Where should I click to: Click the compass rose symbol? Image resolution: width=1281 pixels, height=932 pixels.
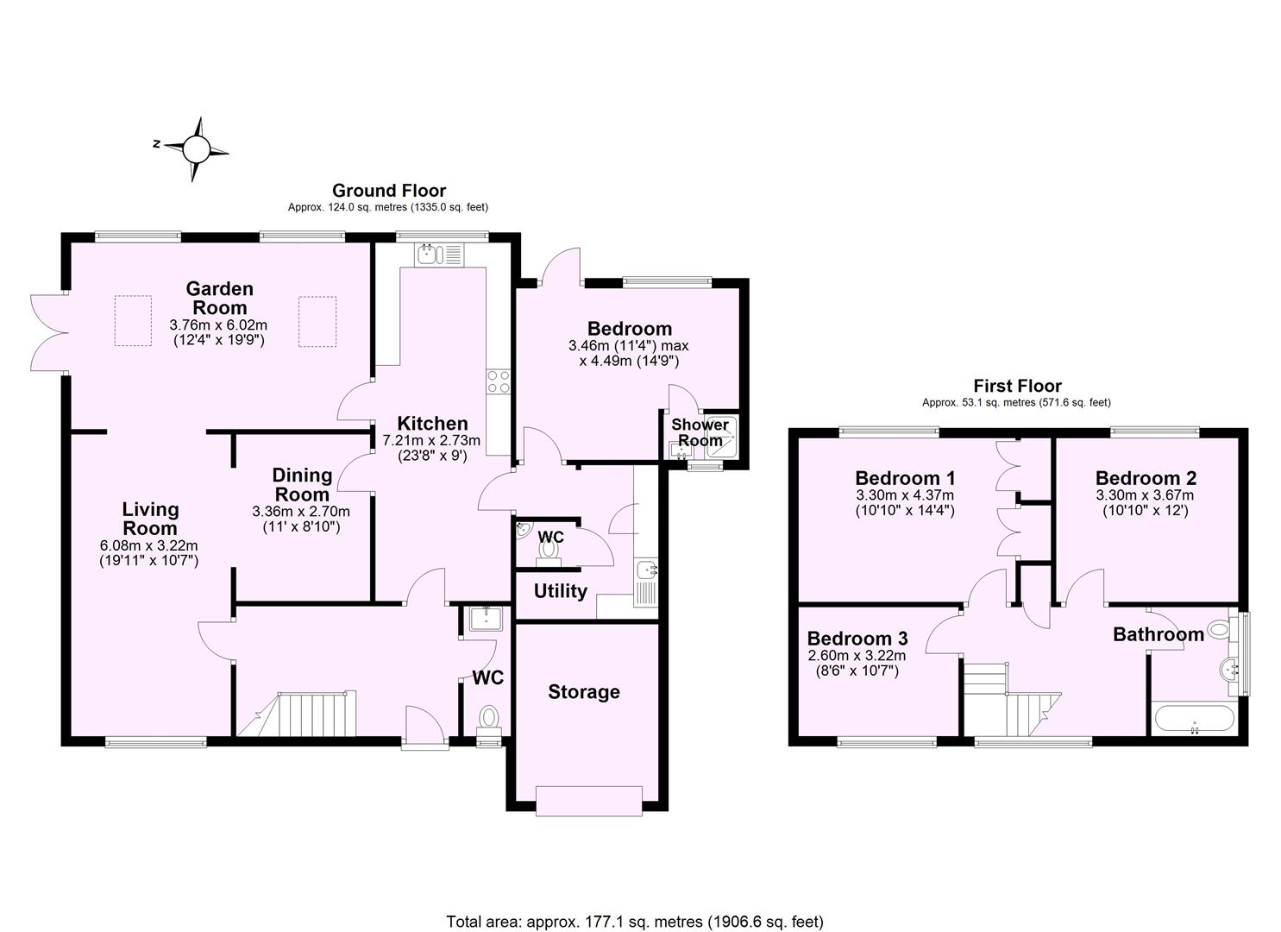[x=196, y=149]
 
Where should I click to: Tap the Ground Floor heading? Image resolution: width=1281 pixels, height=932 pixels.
[x=389, y=190]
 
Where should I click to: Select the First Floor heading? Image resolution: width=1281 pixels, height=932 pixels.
[x=1017, y=386]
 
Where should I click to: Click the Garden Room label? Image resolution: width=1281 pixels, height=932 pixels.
[x=219, y=298]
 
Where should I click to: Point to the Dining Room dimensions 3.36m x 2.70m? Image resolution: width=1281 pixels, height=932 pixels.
[x=301, y=511]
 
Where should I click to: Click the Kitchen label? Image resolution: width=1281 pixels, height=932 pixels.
[x=432, y=423]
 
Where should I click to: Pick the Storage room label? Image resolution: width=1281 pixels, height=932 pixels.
[x=584, y=691]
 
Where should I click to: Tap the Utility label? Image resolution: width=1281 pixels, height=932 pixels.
[x=560, y=591]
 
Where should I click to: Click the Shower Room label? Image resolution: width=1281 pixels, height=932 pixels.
[x=700, y=432]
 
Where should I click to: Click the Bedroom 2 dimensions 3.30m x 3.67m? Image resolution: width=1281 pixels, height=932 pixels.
[x=1145, y=495]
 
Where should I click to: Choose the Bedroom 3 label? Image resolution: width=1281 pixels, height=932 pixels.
[x=857, y=639]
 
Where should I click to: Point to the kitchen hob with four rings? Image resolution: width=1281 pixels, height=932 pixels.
[x=498, y=381]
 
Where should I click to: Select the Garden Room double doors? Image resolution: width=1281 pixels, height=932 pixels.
[x=48, y=332]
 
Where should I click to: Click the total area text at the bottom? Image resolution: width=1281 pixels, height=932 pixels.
[x=635, y=922]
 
